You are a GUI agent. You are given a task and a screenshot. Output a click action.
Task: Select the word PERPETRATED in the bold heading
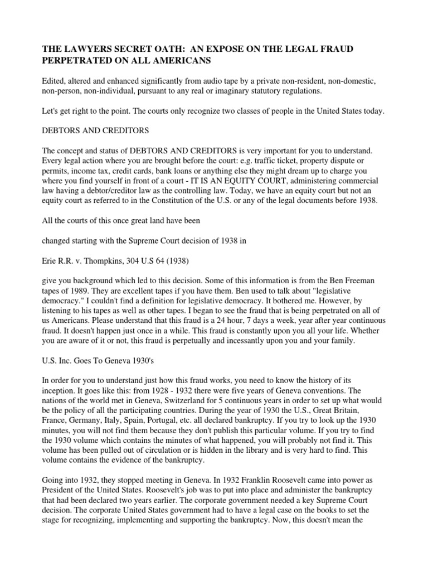click(x=77, y=61)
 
